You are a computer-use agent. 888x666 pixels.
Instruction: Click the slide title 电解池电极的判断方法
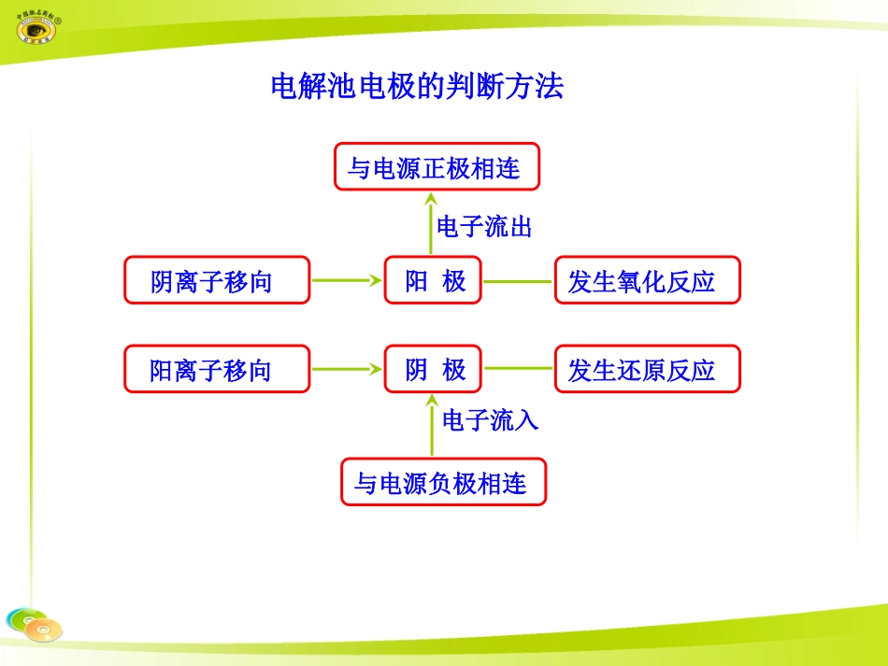tap(417, 87)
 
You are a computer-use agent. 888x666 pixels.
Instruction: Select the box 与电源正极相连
tap(437, 167)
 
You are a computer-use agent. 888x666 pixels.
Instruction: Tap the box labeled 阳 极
tap(433, 280)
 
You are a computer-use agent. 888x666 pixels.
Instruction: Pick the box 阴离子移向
tap(216, 280)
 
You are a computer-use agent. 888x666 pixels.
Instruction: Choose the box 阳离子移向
tap(216, 369)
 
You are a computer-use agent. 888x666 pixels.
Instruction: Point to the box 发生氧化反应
tap(647, 280)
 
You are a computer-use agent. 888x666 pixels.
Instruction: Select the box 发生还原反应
tap(647, 369)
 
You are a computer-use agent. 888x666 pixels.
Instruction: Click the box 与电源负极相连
tap(442, 483)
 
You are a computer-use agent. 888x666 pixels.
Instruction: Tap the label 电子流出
tap(484, 226)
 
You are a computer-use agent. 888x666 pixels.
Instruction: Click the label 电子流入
tap(490, 420)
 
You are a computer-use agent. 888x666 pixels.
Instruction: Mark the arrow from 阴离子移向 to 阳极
tap(346, 280)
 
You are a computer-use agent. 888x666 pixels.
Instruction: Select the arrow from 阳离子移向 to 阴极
tap(346, 369)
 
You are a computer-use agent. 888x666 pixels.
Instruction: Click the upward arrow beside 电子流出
tap(431, 224)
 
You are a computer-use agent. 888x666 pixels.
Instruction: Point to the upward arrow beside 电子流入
tap(431, 426)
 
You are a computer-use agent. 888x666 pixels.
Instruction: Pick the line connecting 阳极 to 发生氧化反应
tap(518, 280)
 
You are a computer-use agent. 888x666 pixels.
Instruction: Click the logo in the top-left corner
tap(36, 26)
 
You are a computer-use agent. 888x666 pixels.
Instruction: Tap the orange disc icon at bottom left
tap(43, 630)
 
